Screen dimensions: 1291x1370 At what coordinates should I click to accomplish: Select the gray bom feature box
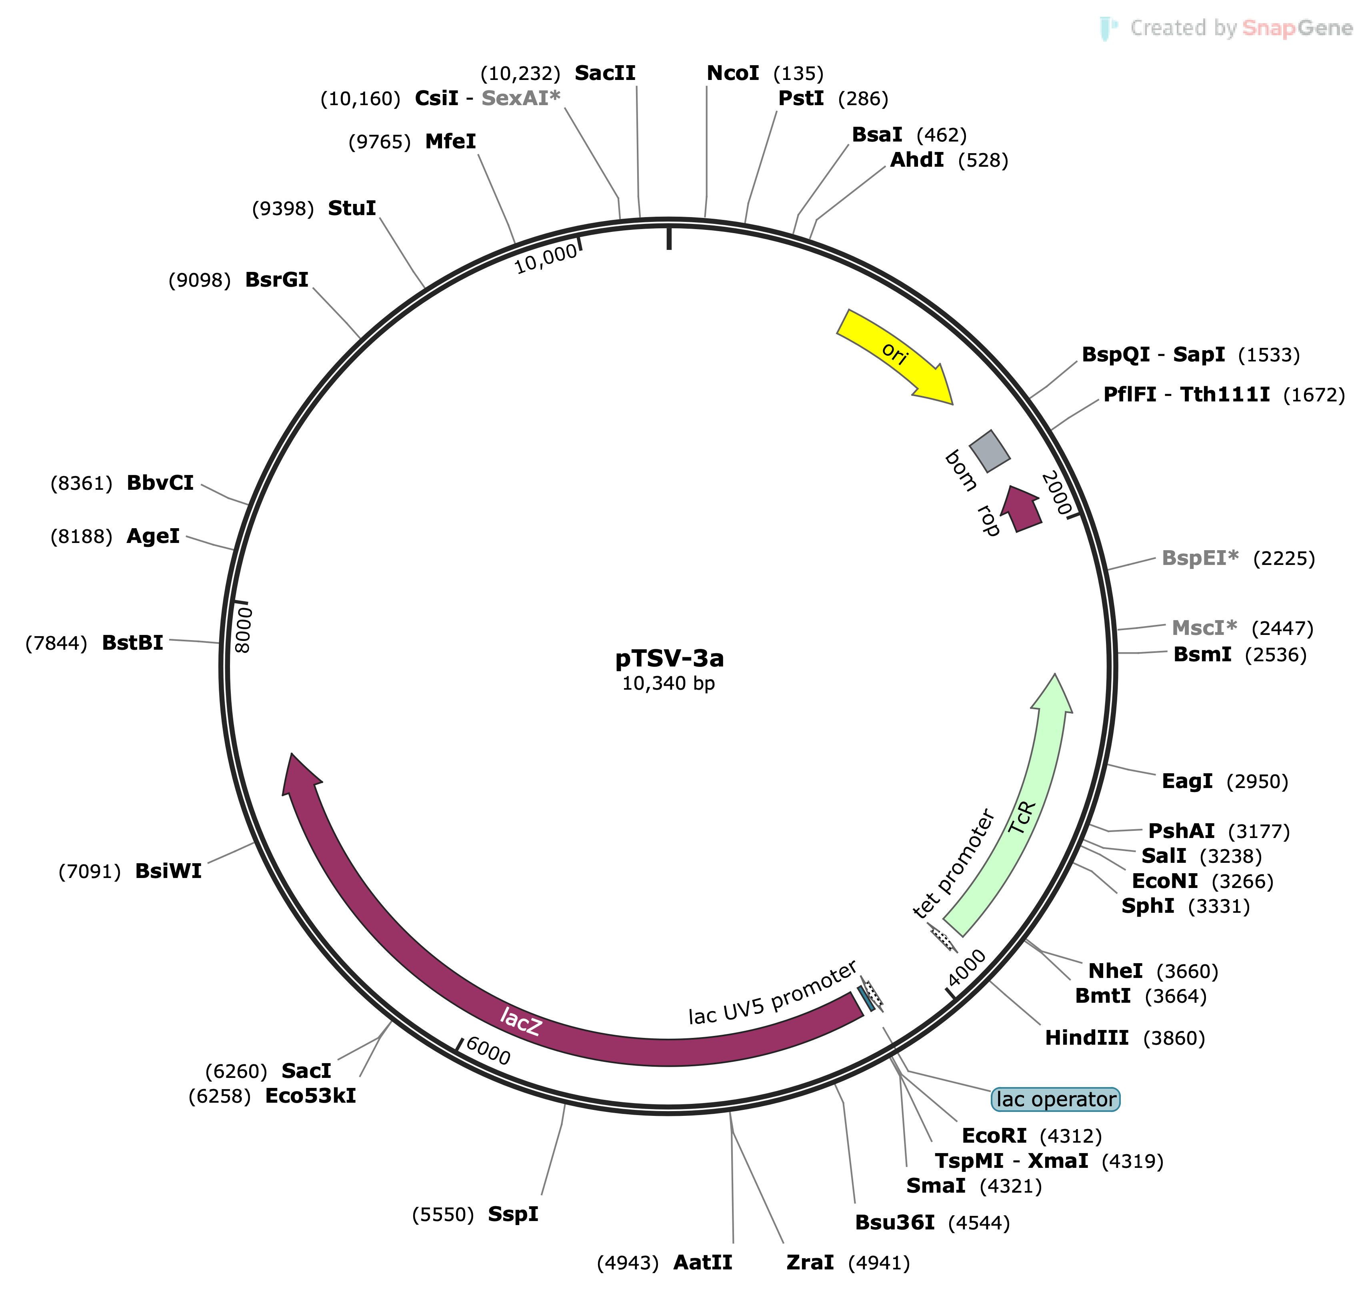990,451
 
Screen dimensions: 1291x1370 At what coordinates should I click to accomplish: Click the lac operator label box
1056,1099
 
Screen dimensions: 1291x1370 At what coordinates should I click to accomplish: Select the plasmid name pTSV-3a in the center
669,658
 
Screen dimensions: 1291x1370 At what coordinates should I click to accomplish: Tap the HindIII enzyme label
1087,1038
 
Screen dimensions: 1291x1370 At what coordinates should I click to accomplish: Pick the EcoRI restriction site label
994,1135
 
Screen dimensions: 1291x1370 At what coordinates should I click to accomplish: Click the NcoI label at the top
732,73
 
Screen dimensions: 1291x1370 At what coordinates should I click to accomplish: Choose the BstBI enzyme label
132,643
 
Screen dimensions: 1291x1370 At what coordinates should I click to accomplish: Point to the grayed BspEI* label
1200,558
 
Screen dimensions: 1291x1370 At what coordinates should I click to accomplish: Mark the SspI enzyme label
513,1214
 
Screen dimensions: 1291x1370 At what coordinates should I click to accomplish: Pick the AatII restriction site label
703,1262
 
